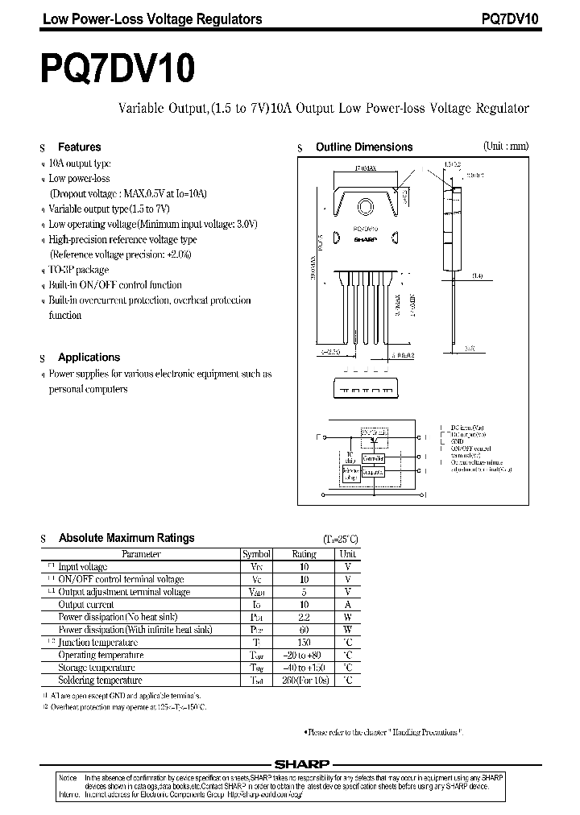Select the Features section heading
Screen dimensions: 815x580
click(x=79, y=147)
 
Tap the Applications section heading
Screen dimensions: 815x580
click(x=89, y=358)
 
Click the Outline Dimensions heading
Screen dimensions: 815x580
click(x=364, y=147)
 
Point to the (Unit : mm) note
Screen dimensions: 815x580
click(x=506, y=147)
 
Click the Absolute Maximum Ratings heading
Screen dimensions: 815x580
click(x=126, y=538)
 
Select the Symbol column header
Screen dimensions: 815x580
click(x=257, y=554)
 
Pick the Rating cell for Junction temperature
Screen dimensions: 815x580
click(x=304, y=643)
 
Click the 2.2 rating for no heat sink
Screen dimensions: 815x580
click(x=304, y=617)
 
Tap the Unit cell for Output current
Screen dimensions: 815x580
click(x=347, y=605)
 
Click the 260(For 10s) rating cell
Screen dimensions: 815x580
click(x=304, y=681)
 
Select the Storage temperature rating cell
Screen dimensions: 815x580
click(x=304, y=668)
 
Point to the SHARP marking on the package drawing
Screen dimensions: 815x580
click(x=367, y=240)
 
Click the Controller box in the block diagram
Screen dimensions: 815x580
click(x=373, y=457)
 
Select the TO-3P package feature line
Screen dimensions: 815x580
click(x=78, y=270)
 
